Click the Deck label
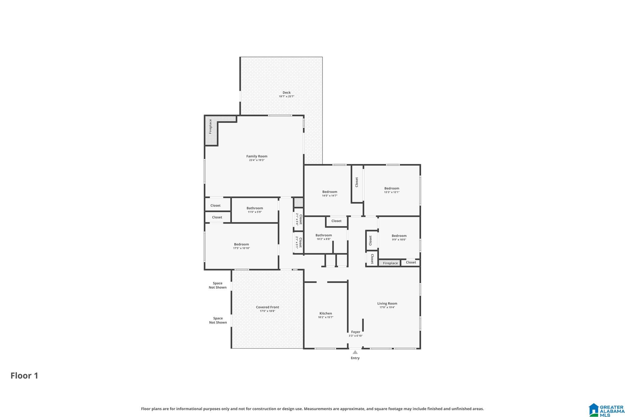[x=287, y=93]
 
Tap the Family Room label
[x=257, y=156]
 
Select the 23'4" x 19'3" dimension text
[x=257, y=160]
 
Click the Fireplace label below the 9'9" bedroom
[x=390, y=263]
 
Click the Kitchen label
[x=326, y=313]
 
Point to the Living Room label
[x=387, y=303]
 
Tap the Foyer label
[x=356, y=332]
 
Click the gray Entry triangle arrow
[x=355, y=352]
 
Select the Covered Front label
[x=267, y=307]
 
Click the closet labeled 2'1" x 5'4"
[x=299, y=219]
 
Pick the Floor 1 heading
[x=24, y=375]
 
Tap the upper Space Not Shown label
[x=218, y=285]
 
